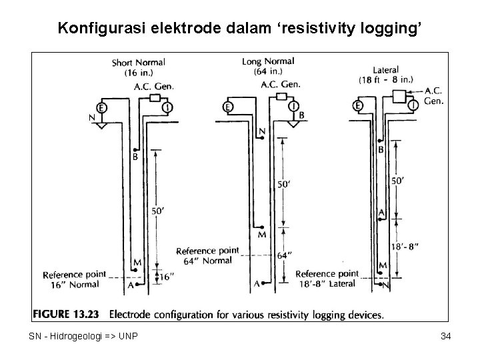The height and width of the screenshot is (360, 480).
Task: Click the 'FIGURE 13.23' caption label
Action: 66,313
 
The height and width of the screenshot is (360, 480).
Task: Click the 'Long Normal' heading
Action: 268,61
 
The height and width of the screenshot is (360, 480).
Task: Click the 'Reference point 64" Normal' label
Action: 207,255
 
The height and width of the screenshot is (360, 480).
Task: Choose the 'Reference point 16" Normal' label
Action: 73,279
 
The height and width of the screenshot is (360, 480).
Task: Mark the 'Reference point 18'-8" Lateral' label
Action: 327,279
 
